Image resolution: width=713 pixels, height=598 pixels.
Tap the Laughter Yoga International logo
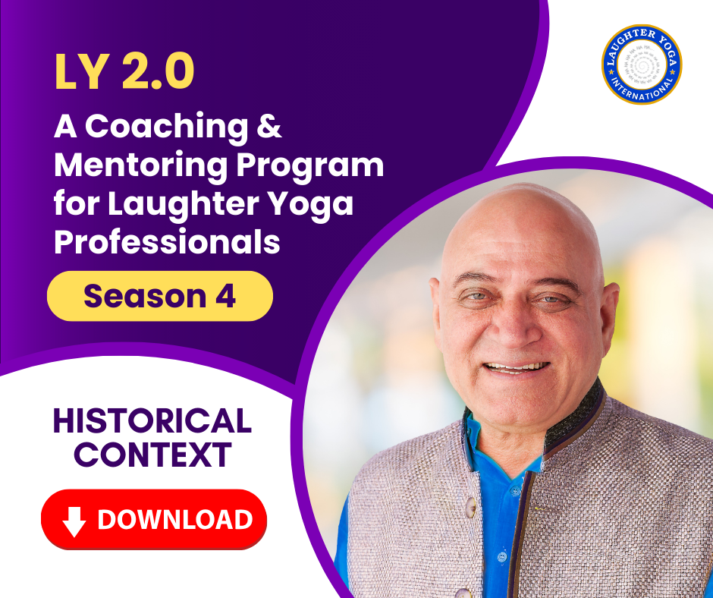click(x=642, y=65)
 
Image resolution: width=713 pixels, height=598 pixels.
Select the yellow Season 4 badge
click(x=159, y=296)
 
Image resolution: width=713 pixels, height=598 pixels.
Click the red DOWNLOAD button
click(x=154, y=519)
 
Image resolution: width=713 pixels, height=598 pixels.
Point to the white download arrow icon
click(x=74, y=520)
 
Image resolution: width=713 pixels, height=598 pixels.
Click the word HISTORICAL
click(x=152, y=422)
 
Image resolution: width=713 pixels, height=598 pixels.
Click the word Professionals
click(x=167, y=243)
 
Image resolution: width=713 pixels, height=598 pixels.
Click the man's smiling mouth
click(x=517, y=367)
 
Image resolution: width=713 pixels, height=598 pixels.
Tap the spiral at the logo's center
click(x=642, y=63)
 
